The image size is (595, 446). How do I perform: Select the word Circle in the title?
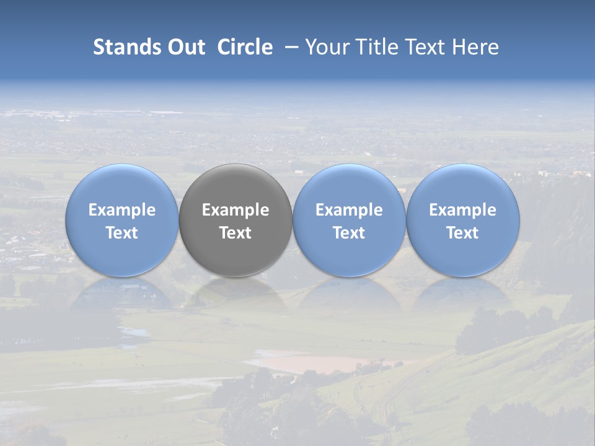tap(245, 47)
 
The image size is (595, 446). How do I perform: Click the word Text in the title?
tap(423, 47)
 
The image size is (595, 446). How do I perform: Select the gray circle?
tap(236, 221)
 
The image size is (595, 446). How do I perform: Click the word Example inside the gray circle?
tap(236, 210)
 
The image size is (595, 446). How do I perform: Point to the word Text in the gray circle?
tap(236, 233)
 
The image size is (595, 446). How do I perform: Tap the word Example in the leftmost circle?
tap(122, 210)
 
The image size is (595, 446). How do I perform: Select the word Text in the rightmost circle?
tap(463, 233)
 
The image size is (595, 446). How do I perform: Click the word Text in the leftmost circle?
tap(122, 233)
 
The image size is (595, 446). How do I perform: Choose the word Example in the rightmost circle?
tap(463, 210)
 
